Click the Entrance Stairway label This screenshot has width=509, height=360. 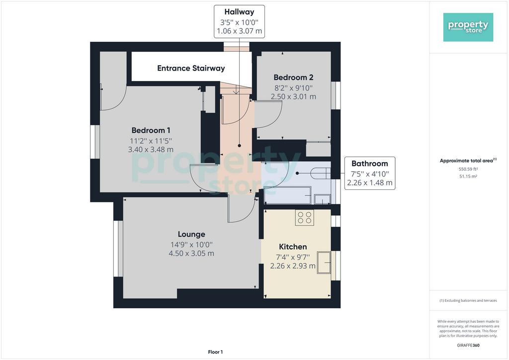pos(191,68)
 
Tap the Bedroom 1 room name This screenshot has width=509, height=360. pos(151,130)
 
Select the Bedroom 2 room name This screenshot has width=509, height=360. pos(293,77)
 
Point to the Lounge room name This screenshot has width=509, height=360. pos(191,234)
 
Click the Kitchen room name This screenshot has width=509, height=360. pos(293,247)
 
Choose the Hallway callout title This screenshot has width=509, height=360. pos(239,12)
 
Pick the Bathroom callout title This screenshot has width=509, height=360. pos(370,163)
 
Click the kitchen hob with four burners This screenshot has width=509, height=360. pos(305,217)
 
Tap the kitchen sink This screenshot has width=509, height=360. pos(324,262)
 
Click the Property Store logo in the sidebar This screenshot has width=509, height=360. pos(468,27)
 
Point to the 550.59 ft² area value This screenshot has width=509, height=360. pos(468,169)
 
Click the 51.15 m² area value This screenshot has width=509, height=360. pos(468,176)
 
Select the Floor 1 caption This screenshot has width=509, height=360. pos(215,352)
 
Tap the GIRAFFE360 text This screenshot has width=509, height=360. pos(468,346)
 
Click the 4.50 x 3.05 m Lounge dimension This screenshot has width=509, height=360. pos(191,254)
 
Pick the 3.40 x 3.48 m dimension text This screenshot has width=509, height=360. pos(151,150)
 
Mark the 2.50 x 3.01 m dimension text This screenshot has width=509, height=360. pos(293,96)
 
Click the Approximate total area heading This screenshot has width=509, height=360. pos(468,161)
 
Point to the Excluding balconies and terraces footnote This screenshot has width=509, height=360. pos(468,301)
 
